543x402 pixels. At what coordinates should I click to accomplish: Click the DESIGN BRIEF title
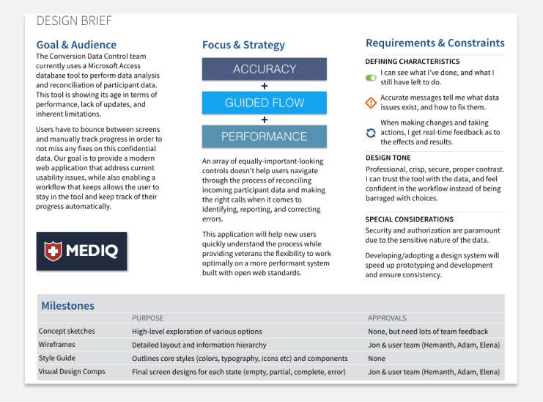[x=75, y=21]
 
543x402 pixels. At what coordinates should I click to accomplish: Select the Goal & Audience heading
[x=76, y=45]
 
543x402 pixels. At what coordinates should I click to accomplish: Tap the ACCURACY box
[x=265, y=70]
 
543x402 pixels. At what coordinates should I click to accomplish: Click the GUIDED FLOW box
[x=265, y=103]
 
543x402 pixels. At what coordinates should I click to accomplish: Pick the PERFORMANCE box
[x=265, y=136]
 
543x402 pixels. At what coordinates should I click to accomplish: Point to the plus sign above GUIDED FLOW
[x=265, y=86]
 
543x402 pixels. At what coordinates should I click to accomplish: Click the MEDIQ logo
[x=81, y=252]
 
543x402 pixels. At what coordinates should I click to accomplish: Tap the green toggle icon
[x=371, y=77]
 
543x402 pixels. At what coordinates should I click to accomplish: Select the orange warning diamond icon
[x=371, y=103]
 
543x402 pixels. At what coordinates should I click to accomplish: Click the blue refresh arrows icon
[x=371, y=133]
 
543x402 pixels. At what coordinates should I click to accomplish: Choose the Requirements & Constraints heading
[x=435, y=43]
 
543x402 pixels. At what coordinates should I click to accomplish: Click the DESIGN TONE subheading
[x=388, y=158]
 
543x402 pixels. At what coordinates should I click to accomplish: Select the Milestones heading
[x=67, y=306]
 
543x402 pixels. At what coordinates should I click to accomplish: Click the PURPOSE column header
[x=147, y=318]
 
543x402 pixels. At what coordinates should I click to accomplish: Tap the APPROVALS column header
[x=387, y=318]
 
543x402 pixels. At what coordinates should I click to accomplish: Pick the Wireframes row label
[x=57, y=345]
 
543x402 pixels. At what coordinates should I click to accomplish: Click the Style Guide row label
[x=57, y=358]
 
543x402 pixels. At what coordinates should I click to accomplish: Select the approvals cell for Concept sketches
[x=428, y=332]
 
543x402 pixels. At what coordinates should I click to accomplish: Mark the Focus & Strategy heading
[x=243, y=45]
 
